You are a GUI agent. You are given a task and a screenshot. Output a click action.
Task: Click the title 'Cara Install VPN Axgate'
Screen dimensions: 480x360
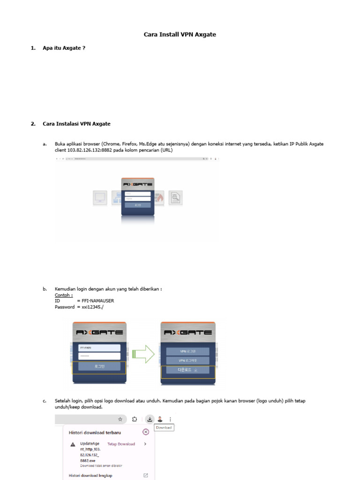pyautogui.click(x=180, y=35)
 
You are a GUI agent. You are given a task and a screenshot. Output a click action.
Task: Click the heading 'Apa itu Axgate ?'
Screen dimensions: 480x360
pyautogui.click(x=64, y=48)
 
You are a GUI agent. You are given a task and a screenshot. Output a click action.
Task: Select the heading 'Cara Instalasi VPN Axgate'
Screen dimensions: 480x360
pyautogui.click(x=76, y=124)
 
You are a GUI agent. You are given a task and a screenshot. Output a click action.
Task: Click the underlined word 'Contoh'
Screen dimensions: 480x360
pyautogui.click(x=63, y=295)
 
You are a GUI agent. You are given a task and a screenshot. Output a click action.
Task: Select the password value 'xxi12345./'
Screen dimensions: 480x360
pyautogui.click(x=91, y=307)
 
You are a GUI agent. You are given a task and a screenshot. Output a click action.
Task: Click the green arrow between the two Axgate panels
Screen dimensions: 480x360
pyautogui.click(x=143, y=354)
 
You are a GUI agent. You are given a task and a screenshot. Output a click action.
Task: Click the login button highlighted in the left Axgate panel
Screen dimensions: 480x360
pyautogui.click(x=99, y=367)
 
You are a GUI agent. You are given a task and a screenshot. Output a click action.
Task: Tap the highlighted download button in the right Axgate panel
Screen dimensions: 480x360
pyautogui.click(x=188, y=370)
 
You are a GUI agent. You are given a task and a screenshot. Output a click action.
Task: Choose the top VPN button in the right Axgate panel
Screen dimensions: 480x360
pyautogui.click(x=188, y=351)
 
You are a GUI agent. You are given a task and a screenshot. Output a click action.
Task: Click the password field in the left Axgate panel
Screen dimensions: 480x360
pyautogui.click(x=99, y=357)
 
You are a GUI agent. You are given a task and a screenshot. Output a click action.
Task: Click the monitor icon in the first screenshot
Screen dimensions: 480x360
pyautogui.click(x=100, y=198)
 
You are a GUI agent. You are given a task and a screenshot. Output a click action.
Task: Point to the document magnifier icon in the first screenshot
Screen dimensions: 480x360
pyautogui.click(x=175, y=198)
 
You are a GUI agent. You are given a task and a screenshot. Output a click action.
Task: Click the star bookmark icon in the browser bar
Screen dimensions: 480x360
pyautogui.click(x=120, y=420)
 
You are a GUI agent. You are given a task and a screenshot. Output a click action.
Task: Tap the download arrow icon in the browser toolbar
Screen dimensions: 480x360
pyautogui.click(x=150, y=419)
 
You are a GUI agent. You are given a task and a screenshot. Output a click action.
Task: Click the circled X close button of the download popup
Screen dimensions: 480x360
pyautogui.click(x=146, y=432)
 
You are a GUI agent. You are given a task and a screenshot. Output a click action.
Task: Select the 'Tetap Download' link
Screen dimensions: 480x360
pyautogui.click(x=121, y=444)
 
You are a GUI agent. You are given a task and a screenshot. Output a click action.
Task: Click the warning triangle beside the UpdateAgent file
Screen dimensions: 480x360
pyautogui.click(x=73, y=444)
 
